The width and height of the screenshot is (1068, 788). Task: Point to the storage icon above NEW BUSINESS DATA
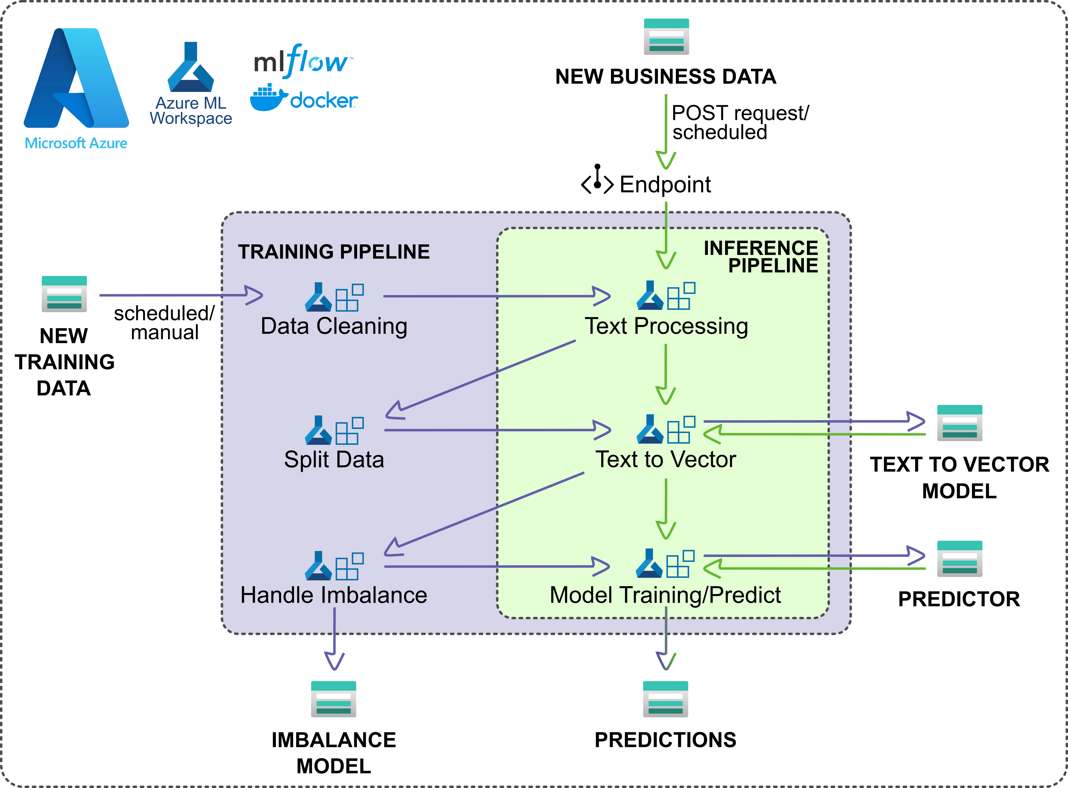[x=666, y=37]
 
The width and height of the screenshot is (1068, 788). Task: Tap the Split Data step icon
[x=334, y=430]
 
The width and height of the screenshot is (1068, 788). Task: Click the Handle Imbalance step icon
[x=334, y=566]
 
